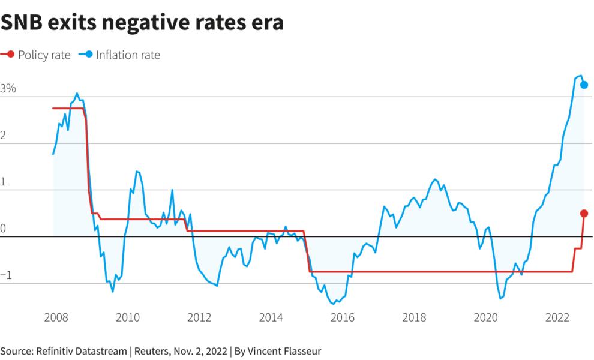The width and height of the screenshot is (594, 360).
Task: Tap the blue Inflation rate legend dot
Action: pos(88,55)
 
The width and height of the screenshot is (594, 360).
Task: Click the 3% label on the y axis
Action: pos(9,89)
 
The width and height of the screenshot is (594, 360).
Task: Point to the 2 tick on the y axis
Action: pos(4,136)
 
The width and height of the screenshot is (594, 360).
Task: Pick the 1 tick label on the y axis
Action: pos(4,182)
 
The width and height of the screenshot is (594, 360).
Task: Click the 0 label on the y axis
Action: pos(4,229)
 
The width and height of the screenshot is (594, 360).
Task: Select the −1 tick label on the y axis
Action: pos(6,275)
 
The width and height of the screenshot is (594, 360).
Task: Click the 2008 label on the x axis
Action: pos(56,317)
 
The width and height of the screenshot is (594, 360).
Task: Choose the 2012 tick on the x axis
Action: pos(199,317)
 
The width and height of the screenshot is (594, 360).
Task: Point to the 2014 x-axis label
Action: pos(271,317)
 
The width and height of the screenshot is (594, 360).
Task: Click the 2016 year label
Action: pos(342,317)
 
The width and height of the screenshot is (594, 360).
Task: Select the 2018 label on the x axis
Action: pos(414,317)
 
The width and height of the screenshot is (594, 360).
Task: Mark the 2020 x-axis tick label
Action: pos(486,317)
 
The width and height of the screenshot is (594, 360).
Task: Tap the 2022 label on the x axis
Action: pos(558,317)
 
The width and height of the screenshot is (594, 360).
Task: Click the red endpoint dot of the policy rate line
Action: pos(584,214)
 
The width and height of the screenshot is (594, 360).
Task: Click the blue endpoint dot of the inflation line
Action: pos(584,85)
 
